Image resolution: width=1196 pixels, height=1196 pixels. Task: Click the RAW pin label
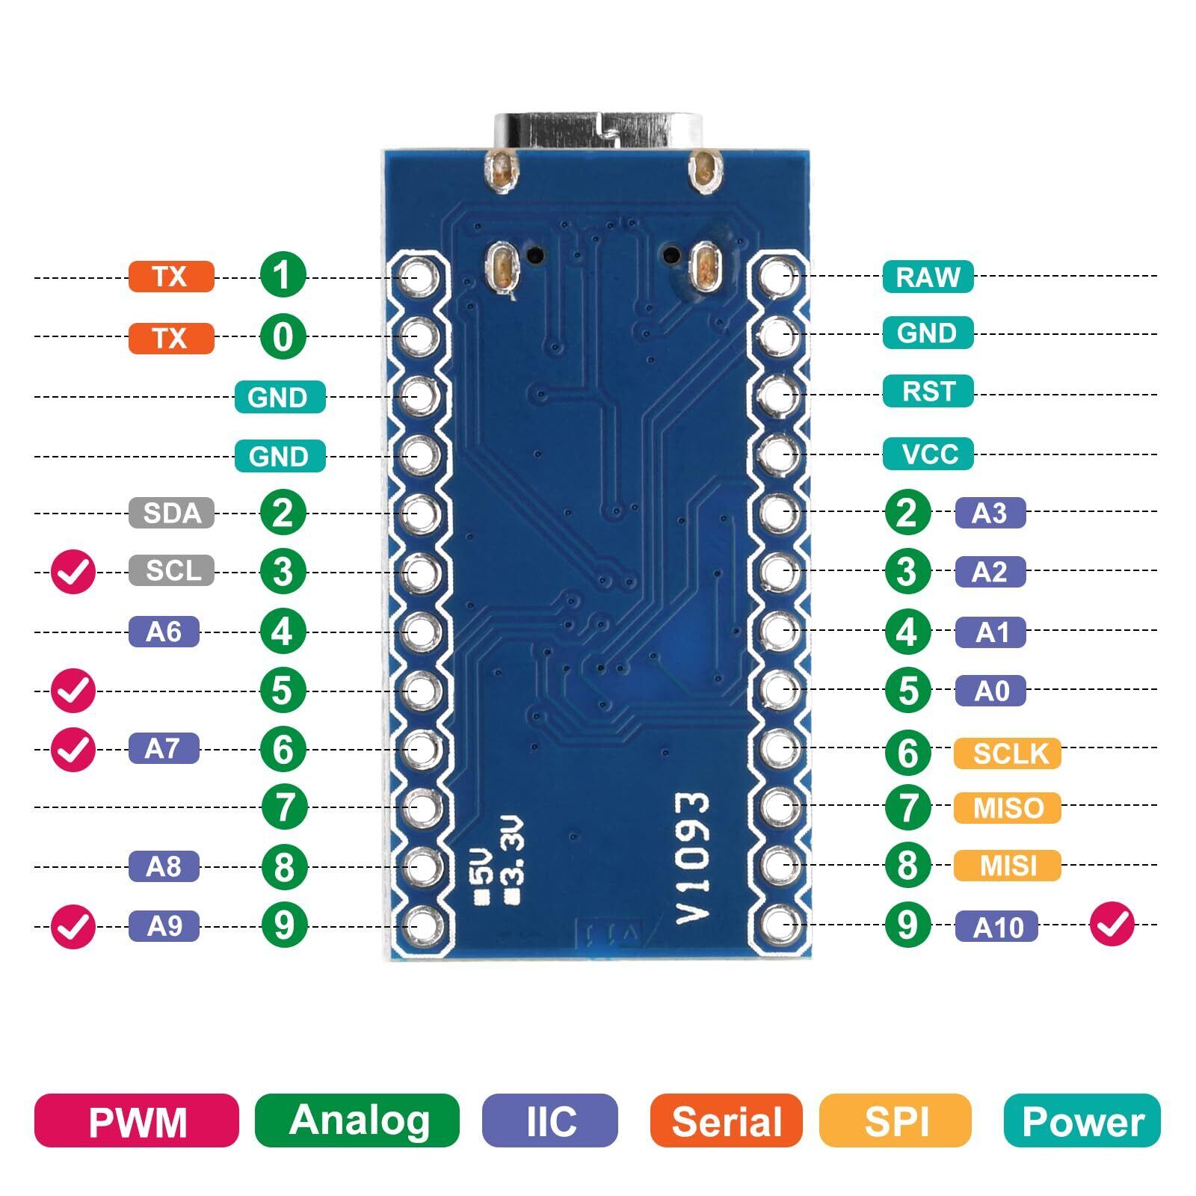[928, 277]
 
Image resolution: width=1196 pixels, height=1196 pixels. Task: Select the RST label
[928, 391]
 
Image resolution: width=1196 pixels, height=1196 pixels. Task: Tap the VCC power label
[928, 454]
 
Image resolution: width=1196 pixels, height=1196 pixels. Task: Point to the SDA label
[171, 513]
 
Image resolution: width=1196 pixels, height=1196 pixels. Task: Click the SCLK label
[1007, 753]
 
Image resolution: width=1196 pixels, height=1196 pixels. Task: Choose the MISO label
[1007, 808]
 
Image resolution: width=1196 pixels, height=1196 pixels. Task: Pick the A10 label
[996, 927]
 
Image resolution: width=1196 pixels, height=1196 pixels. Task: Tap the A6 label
[164, 632]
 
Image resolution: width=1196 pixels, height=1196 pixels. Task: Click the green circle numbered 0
[283, 336]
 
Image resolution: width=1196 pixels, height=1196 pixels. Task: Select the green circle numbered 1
[283, 274]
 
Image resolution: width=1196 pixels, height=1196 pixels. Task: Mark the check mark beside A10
[1112, 925]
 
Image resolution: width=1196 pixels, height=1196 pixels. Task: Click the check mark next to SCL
[73, 573]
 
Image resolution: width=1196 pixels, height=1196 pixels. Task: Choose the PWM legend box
[137, 1121]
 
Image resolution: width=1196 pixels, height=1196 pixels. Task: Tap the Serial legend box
[726, 1121]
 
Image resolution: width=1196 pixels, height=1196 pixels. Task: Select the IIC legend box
[550, 1121]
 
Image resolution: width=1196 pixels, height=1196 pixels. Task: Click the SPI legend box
[895, 1121]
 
